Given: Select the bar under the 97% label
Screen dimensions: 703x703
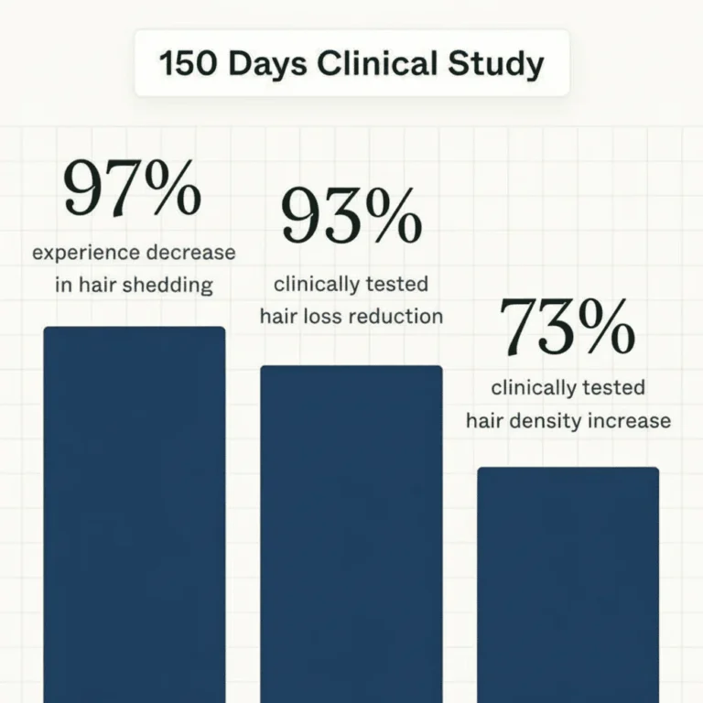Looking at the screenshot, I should click(135, 513).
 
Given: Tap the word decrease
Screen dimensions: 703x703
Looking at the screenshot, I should click(192, 253).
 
